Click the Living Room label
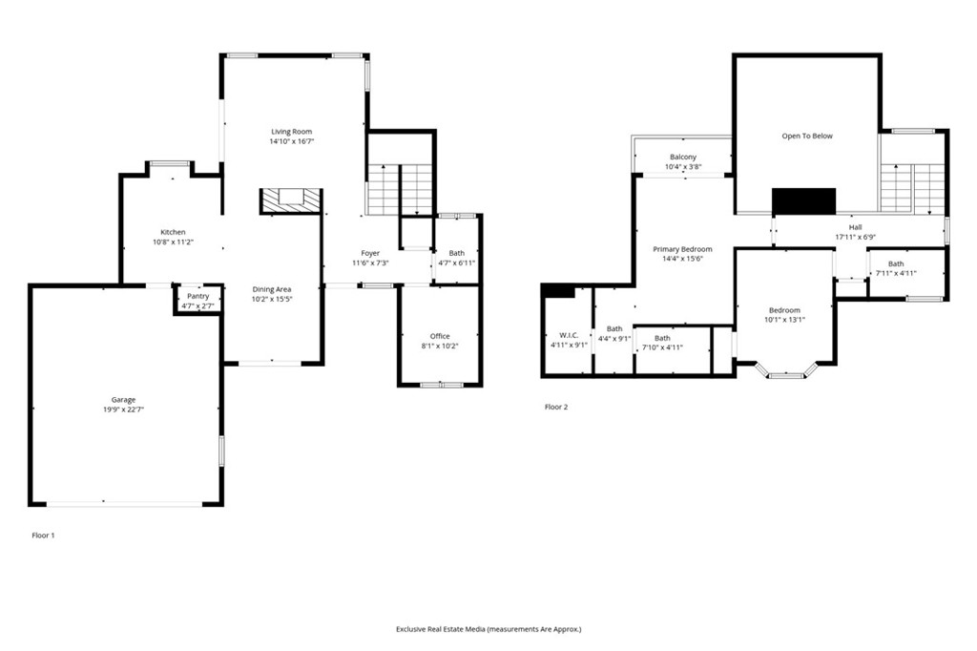pos(292,132)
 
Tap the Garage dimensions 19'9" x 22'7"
pos(123,409)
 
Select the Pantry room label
pos(198,296)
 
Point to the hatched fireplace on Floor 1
pos(291,200)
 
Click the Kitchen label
pos(174,232)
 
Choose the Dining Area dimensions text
pos(272,300)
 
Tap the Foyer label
pos(370,253)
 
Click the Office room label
pos(440,336)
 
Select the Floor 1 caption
pos(44,535)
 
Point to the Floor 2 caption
pos(556,407)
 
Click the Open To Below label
pos(807,136)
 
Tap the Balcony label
pos(683,157)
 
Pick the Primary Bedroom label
pos(682,249)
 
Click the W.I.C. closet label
pos(569,335)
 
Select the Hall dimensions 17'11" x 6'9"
pos(856,237)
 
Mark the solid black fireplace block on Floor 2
pos(803,200)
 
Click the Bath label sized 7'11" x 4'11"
pos(896,263)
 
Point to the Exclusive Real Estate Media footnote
pos(488,629)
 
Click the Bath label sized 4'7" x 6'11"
pos(457,253)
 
